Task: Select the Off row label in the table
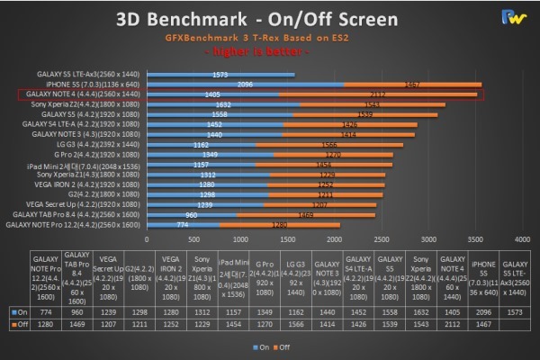point(19,322)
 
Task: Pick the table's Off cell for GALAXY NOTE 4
point(453,322)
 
